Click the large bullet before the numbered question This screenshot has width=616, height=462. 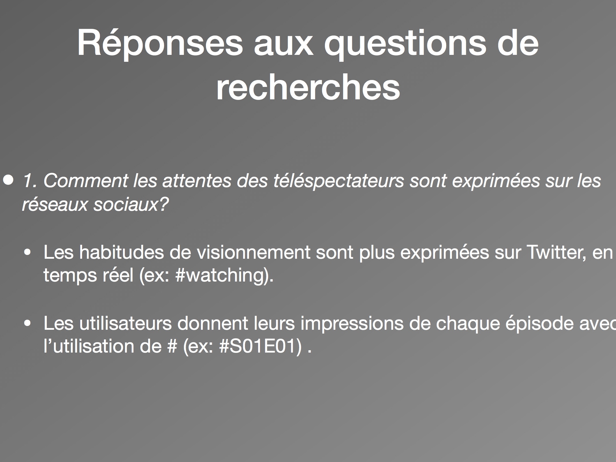[8, 180]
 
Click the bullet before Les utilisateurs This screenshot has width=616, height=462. [28, 324]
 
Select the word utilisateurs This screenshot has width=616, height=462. [125, 323]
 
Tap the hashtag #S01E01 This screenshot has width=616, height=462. [258, 346]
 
